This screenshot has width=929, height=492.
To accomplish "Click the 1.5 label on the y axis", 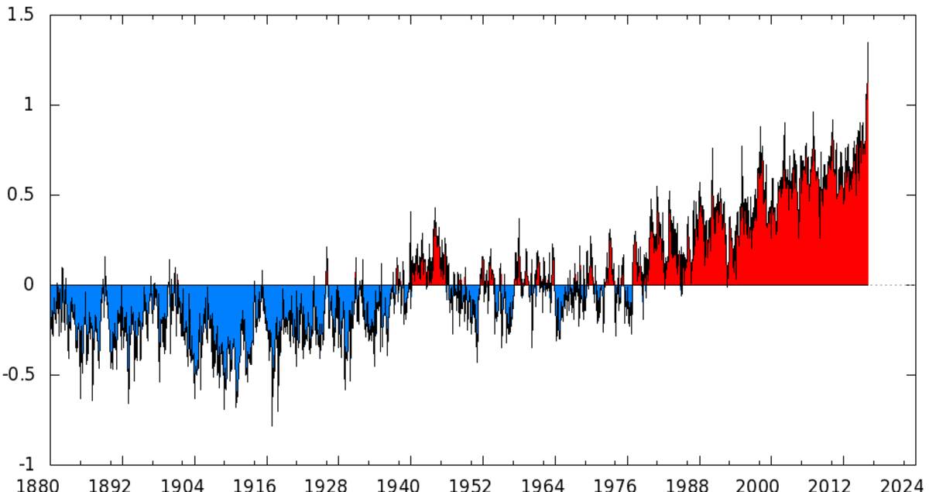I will [x=22, y=15].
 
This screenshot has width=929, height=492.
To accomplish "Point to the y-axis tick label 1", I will [x=29, y=105].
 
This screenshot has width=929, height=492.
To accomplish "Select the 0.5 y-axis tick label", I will [x=22, y=194].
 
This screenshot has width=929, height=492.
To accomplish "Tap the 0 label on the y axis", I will [x=29, y=284].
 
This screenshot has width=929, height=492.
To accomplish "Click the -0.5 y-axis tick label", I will [x=19, y=374].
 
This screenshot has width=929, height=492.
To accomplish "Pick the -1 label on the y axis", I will [x=26, y=464].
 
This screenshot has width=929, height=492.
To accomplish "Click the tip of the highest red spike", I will [x=868, y=43].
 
